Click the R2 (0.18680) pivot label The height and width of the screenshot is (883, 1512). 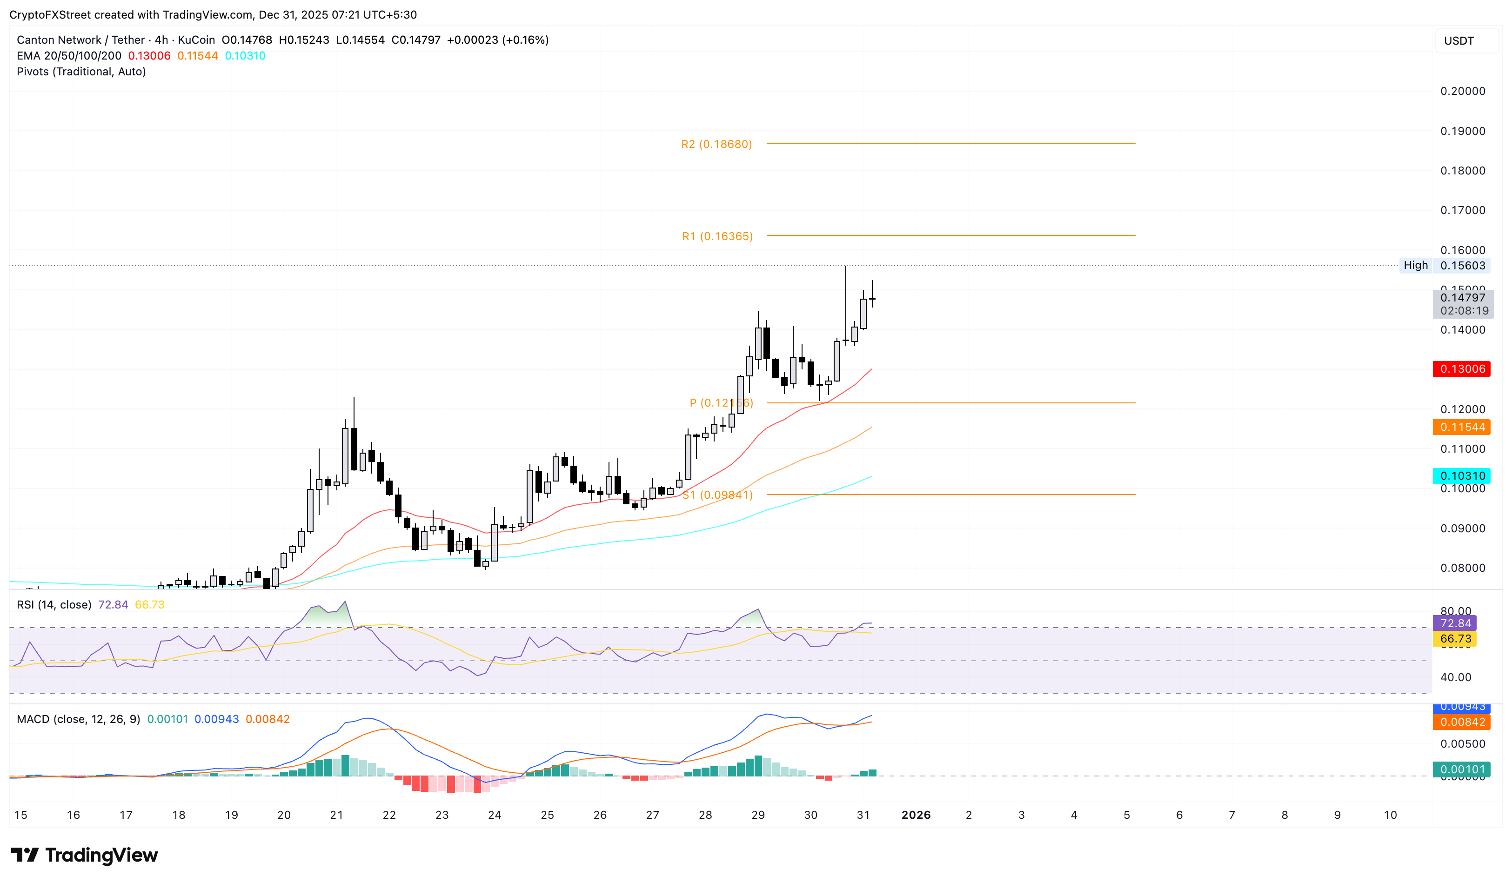[x=716, y=144]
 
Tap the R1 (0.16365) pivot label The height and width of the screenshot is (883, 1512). [x=717, y=236]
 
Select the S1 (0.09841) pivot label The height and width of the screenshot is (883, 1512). [x=717, y=495]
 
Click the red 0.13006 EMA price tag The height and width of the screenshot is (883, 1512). [x=1462, y=369]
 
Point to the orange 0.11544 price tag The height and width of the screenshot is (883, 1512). [x=1462, y=427]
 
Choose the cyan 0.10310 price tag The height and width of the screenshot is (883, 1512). [x=1462, y=475]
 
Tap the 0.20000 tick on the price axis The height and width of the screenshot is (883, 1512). [x=1462, y=91]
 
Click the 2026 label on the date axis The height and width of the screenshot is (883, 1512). [x=916, y=815]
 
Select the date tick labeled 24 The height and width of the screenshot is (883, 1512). [x=495, y=815]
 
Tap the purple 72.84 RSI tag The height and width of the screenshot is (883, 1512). [x=1455, y=623]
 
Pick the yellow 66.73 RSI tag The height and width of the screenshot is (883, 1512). [x=1455, y=639]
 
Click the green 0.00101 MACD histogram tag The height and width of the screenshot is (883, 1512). [x=1462, y=769]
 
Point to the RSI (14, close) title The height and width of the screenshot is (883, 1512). [x=54, y=605]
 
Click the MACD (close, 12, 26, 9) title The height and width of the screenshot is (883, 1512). [x=78, y=719]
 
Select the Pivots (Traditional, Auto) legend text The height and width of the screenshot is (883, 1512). [x=81, y=71]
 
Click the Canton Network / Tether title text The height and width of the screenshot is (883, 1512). [x=81, y=40]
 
